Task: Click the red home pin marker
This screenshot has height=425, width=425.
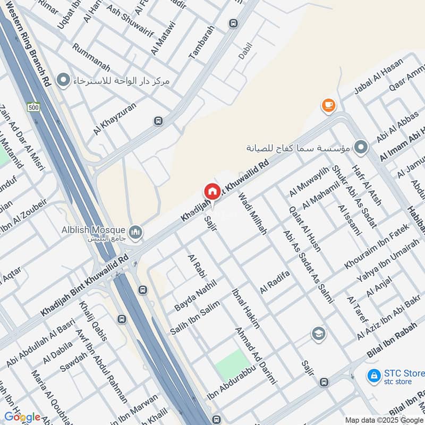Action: (x=212, y=192)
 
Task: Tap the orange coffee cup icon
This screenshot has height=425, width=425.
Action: (x=328, y=106)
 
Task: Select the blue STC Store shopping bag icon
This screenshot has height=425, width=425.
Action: (x=374, y=376)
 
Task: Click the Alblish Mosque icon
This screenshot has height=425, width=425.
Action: (x=136, y=232)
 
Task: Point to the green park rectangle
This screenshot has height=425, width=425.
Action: (x=232, y=365)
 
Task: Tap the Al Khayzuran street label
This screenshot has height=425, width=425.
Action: (x=115, y=118)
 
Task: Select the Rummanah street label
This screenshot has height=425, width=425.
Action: (x=92, y=57)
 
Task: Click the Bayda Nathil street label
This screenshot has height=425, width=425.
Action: (x=195, y=295)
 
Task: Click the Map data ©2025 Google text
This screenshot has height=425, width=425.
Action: (x=384, y=420)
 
